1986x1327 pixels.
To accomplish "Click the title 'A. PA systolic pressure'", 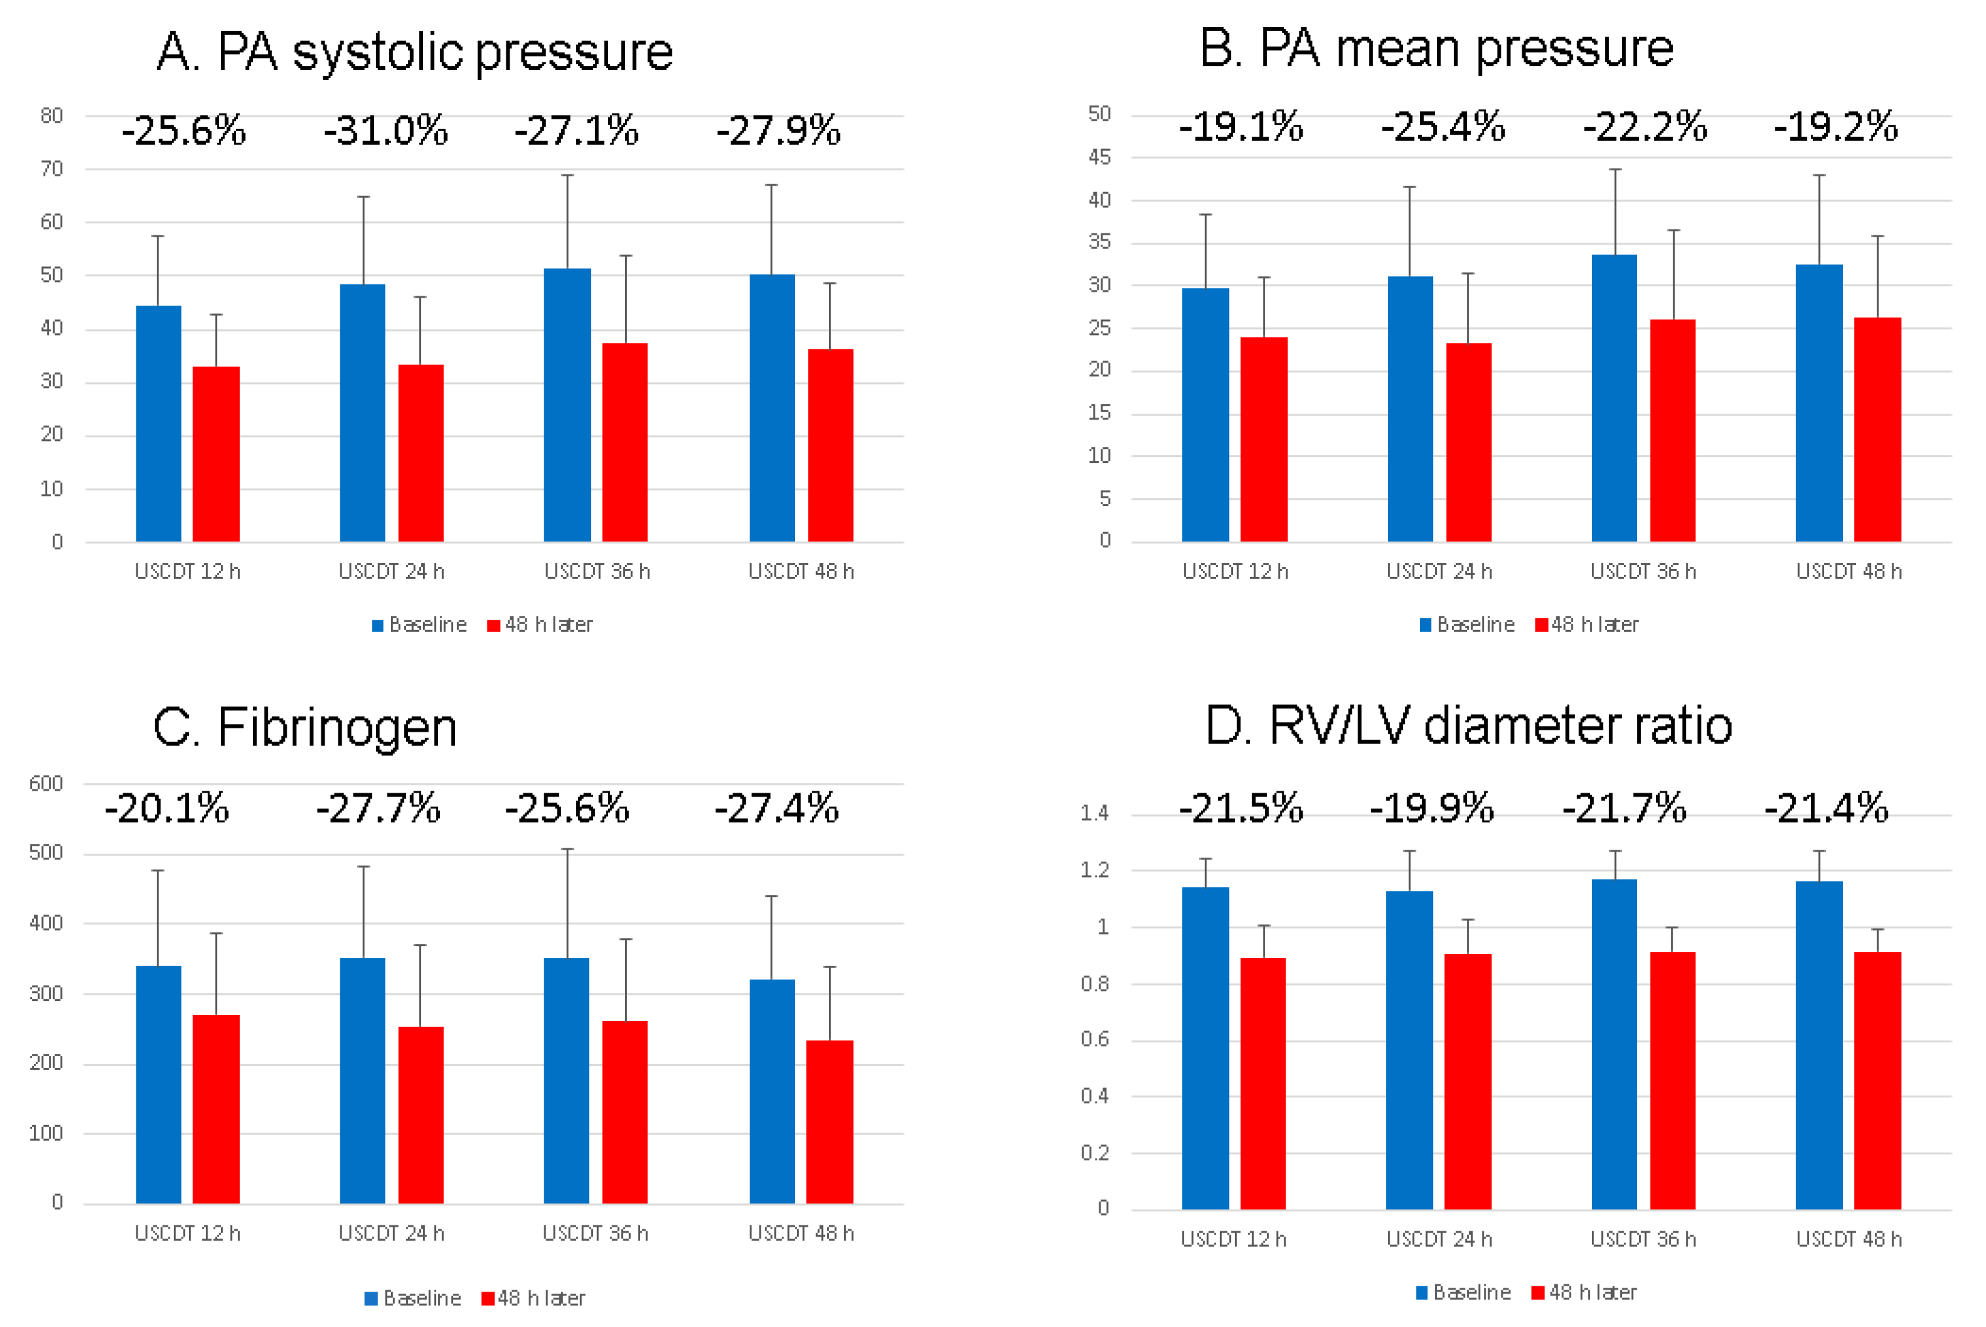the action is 415,52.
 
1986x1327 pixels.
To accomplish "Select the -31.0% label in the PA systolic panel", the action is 386,131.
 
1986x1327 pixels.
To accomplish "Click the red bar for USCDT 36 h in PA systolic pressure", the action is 625,442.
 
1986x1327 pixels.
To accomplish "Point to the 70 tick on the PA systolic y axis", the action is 52,169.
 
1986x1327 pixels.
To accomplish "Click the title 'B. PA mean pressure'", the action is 1436,49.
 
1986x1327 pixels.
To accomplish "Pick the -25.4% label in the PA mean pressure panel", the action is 1444,127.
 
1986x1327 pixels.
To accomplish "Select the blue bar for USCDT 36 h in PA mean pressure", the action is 1614,398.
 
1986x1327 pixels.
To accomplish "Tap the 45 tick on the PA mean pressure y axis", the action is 1100,157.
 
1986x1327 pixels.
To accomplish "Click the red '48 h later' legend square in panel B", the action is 1541,625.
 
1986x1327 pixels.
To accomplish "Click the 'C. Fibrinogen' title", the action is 305,728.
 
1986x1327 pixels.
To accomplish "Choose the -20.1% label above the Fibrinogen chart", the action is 167,808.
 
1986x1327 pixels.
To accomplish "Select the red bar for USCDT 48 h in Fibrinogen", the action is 830,1121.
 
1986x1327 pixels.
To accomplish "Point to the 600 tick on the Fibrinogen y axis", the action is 46,783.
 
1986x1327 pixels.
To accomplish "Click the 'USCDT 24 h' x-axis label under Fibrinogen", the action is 391,1233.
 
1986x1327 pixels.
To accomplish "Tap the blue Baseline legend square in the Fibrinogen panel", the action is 371,1298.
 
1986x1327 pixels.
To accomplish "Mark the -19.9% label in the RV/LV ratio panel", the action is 1432,808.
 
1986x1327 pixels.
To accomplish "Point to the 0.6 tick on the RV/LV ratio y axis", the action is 1095,1039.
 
